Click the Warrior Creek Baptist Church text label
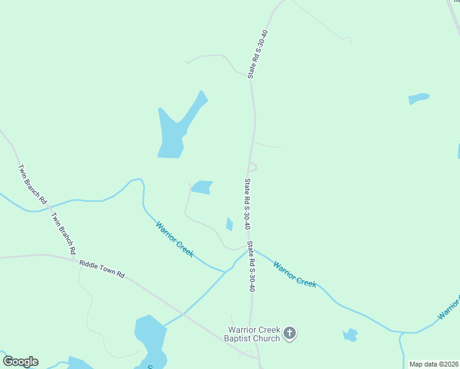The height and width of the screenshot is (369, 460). click(254, 333)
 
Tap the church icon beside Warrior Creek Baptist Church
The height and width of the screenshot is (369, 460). click(290, 334)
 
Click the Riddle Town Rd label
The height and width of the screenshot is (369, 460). click(102, 269)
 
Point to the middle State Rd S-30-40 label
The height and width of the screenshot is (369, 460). click(247, 204)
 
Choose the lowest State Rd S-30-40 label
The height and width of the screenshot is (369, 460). click(252, 266)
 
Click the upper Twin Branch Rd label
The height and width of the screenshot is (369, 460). click(32, 184)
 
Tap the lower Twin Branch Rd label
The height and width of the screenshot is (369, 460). click(63, 234)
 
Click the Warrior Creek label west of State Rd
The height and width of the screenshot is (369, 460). click(175, 239)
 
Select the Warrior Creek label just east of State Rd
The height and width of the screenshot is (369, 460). click(295, 275)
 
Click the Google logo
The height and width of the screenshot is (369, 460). click(20, 362)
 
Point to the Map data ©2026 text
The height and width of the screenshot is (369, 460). click(434, 363)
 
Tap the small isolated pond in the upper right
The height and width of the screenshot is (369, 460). click(418, 98)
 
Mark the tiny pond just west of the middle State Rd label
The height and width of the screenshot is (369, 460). click(229, 224)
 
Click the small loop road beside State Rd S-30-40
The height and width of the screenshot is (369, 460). click(253, 167)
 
